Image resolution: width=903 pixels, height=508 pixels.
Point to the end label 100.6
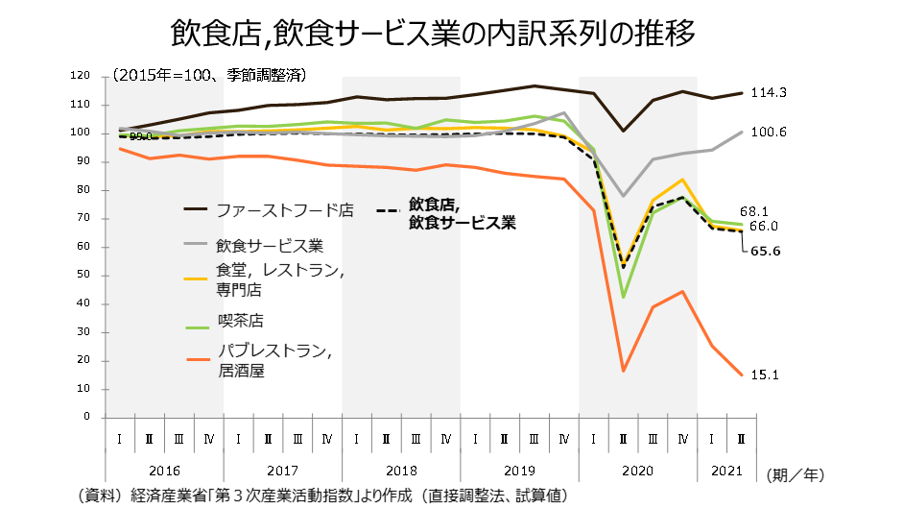click(x=768, y=132)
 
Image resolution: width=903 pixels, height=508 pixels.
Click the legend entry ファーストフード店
click(x=283, y=209)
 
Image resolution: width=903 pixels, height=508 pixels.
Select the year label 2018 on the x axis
click(x=401, y=472)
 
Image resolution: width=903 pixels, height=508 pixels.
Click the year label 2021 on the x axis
click(x=726, y=472)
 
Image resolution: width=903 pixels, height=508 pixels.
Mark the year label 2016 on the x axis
click(x=164, y=472)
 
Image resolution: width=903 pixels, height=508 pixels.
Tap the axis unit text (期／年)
click(x=796, y=473)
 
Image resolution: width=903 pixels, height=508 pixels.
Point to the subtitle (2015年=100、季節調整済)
click(x=208, y=74)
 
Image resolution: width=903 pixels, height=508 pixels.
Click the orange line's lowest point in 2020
click(x=623, y=371)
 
